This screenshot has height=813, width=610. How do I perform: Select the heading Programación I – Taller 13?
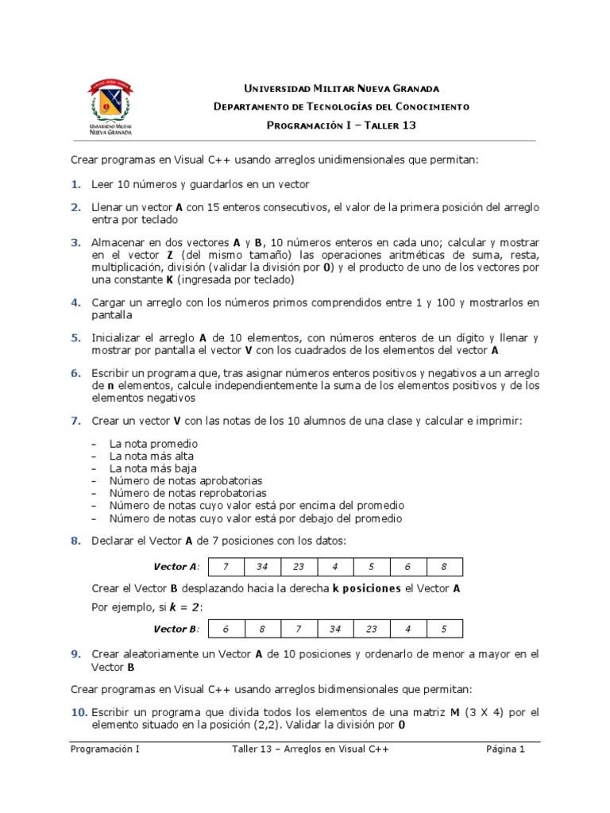point(342,125)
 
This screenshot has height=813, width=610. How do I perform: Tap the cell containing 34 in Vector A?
point(261,567)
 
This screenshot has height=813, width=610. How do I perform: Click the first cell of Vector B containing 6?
point(225,629)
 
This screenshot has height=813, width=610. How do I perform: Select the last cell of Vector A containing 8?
point(444,567)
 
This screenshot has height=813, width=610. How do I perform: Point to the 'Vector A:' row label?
point(176,567)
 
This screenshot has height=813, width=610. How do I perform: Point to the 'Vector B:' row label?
point(176,629)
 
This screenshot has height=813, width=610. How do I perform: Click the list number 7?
point(75,420)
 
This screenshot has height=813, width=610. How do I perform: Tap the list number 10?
point(79,712)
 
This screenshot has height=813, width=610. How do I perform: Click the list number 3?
point(75,242)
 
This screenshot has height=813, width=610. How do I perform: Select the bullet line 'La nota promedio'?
point(153,444)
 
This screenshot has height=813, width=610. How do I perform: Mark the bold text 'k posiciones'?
point(367,588)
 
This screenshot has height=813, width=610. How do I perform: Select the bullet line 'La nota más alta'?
point(151,457)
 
